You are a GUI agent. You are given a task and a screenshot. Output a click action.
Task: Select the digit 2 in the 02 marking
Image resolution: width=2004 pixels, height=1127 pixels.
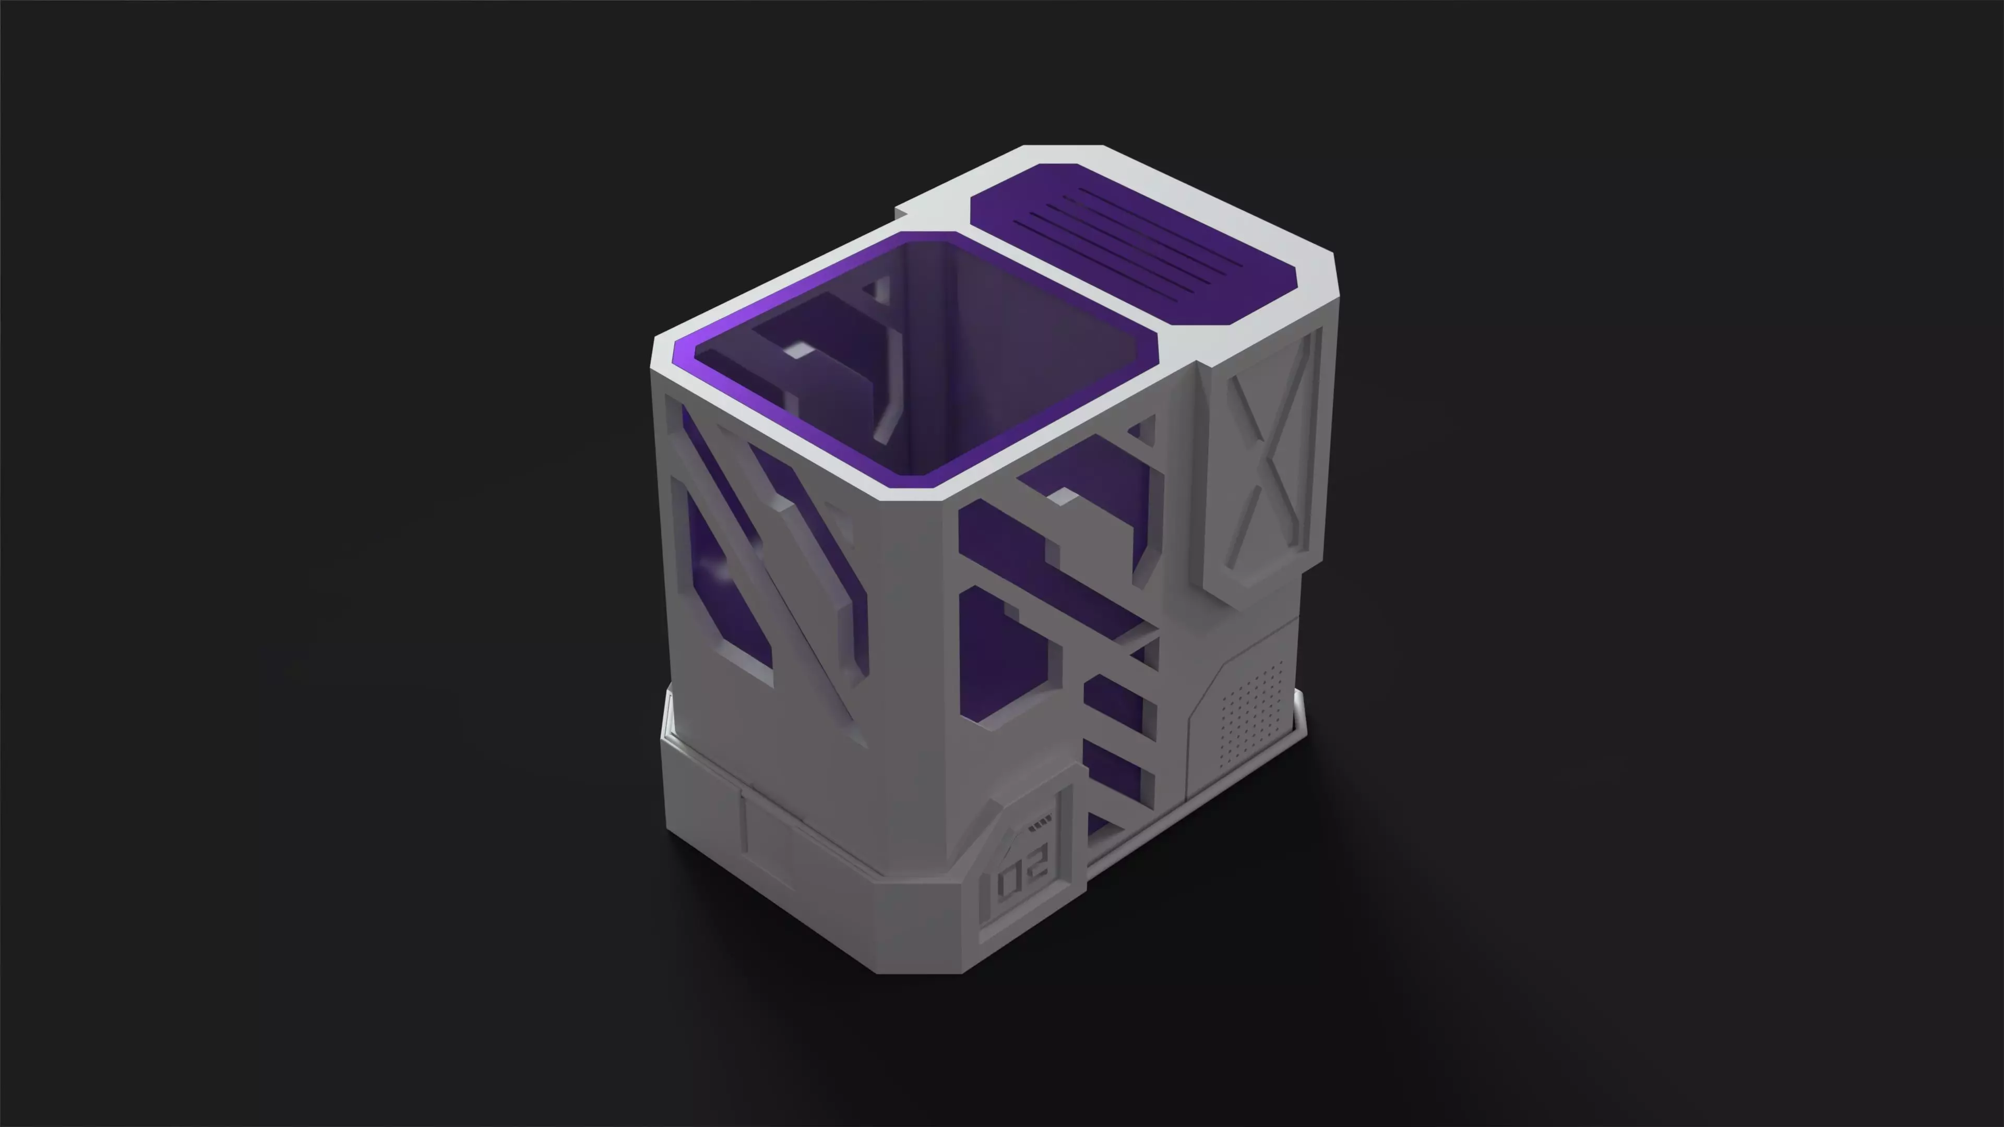pyautogui.click(x=1039, y=859)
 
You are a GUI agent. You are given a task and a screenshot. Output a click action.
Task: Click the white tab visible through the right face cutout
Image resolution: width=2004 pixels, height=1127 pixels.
pyautogui.click(x=1059, y=496)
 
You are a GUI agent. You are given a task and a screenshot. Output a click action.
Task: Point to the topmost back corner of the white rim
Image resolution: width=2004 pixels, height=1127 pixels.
pyautogui.click(x=1062, y=146)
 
